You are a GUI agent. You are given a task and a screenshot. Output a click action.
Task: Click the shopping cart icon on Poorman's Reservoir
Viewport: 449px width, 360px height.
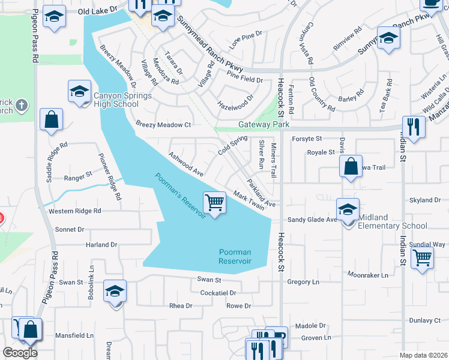pos(214,203)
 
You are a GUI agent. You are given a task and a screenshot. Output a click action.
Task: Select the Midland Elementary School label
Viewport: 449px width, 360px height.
pos(393,221)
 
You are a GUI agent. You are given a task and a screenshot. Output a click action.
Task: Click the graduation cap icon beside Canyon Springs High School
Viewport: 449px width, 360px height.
pos(79,92)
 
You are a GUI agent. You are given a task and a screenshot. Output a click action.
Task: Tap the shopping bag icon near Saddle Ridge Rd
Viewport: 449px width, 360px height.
pos(51,119)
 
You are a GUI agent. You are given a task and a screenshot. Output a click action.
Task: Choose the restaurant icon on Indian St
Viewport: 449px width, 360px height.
pos(414,127)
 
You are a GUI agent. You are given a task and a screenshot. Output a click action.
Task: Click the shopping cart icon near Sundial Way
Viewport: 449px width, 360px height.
pos(423,258)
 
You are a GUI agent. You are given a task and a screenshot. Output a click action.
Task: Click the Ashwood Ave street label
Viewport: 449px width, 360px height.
pos(186,163)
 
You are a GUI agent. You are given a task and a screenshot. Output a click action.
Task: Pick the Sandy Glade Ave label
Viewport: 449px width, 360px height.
pos(312,220)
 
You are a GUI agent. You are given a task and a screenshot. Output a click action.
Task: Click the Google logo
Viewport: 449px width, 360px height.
pos(20,353)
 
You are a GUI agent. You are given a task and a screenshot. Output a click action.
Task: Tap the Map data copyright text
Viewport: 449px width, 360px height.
pos(423,355)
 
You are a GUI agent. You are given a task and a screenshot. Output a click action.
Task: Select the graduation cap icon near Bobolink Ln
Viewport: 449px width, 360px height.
pos(115,292)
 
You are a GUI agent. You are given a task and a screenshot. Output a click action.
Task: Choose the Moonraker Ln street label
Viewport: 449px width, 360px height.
pos(367,275)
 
